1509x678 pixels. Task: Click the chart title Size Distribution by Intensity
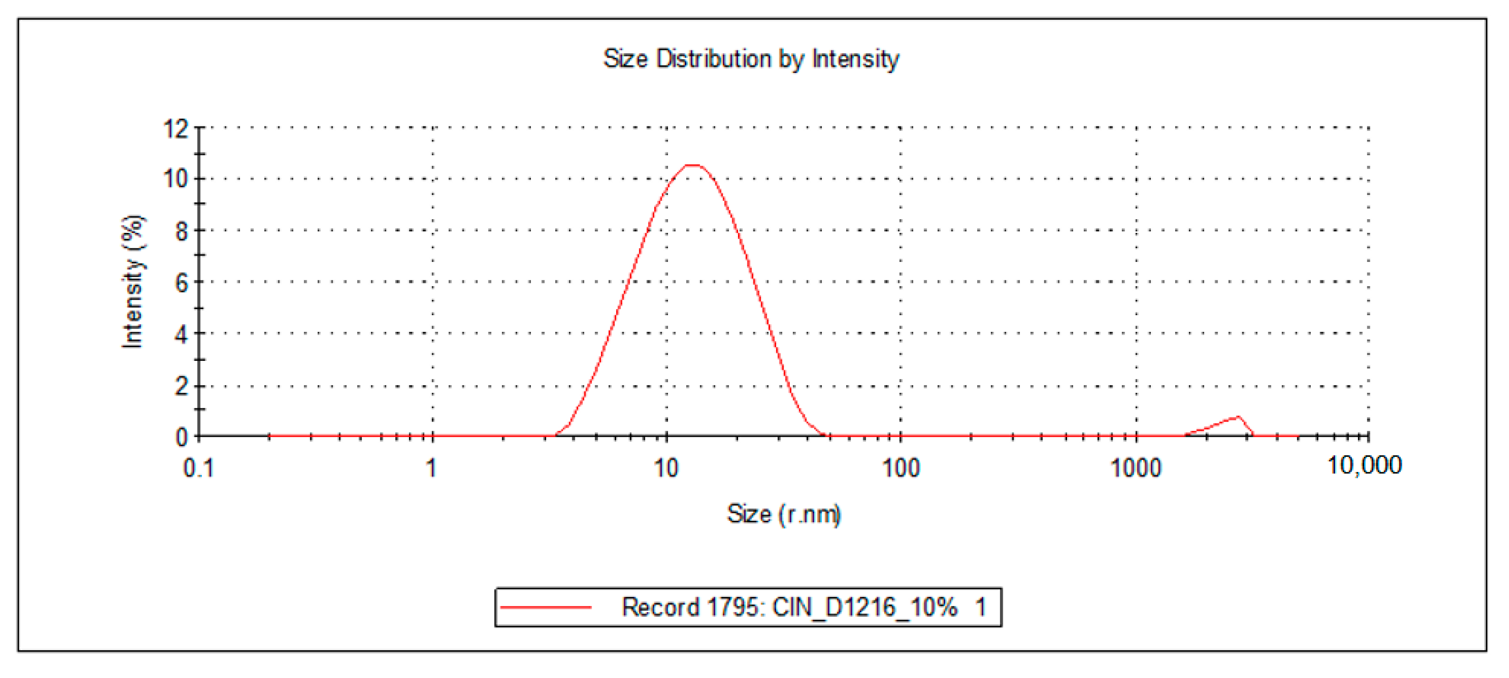[x=751, y=59]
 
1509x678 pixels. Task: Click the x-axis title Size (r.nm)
[x=784, y=514]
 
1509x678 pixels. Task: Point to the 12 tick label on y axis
[x=176, y=128]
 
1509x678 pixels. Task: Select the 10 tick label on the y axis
[x=176, y=179]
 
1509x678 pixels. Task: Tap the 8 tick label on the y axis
[x=182, y=231]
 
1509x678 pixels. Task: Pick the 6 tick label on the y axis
[x=182, y=283]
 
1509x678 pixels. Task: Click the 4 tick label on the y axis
[x=182, y=335]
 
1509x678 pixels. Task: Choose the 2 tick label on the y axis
[x=182, y=386]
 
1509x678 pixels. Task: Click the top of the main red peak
[x=692, y=166]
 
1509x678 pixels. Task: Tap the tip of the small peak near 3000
[x=1238, y=417]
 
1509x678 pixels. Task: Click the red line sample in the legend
[x=546, y=607]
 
